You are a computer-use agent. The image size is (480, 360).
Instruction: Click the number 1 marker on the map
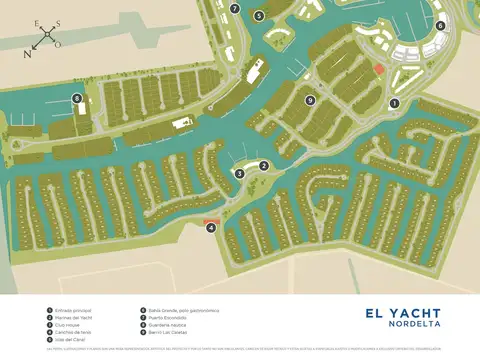click(394, 103)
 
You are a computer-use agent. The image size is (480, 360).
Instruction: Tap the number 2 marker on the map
click(264, 166)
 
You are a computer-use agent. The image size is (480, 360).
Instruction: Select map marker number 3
click(240, 174)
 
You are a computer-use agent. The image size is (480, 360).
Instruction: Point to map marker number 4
click(211, 228)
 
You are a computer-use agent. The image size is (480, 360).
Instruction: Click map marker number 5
click(258, 15)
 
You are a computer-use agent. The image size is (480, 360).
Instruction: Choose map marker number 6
click(440, 26)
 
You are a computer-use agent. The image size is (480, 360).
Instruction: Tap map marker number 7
click(234, 8)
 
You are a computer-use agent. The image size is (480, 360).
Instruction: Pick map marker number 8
click(77, 98)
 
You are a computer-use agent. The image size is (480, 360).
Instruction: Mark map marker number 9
click(311, 100)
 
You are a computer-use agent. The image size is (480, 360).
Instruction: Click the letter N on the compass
click(27, 55)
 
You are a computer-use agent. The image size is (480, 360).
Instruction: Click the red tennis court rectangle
click(210, 221)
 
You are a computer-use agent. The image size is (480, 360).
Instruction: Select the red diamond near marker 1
click(378, 68)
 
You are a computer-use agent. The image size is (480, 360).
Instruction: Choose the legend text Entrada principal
click(72, 310)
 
